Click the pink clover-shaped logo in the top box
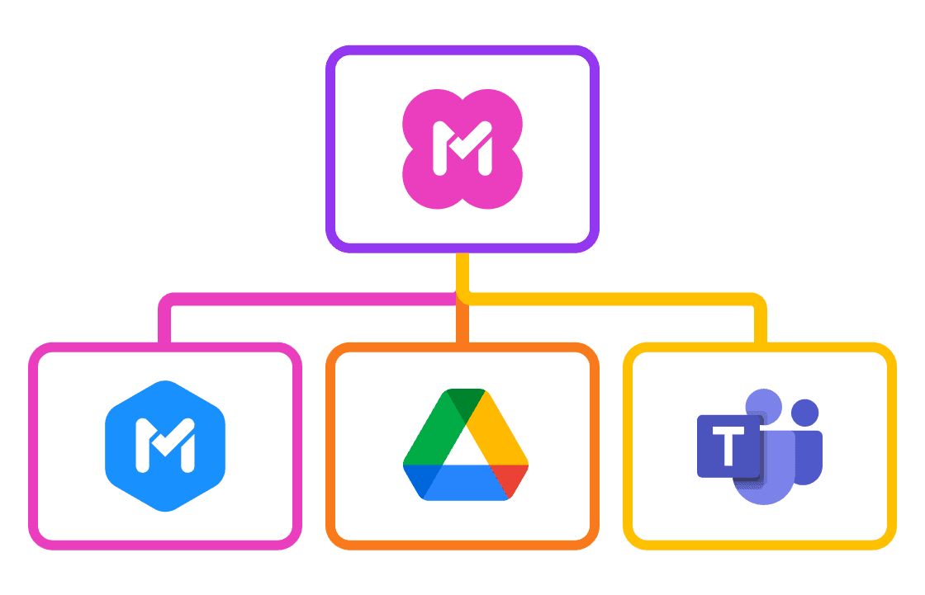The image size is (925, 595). (x=462, y=149)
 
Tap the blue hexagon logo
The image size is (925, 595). (x=165, y=446)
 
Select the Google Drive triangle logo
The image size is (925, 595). (x=465, y=446)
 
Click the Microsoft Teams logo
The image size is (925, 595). (x=760, y=446)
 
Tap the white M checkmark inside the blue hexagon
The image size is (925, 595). (x=165, y=446)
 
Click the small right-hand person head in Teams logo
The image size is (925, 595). (x=804, y=412)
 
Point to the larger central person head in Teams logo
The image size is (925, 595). (x=764, y=404)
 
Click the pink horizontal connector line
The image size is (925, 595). (x=306, y=300)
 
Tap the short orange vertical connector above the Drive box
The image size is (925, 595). (x=462, y=326)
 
